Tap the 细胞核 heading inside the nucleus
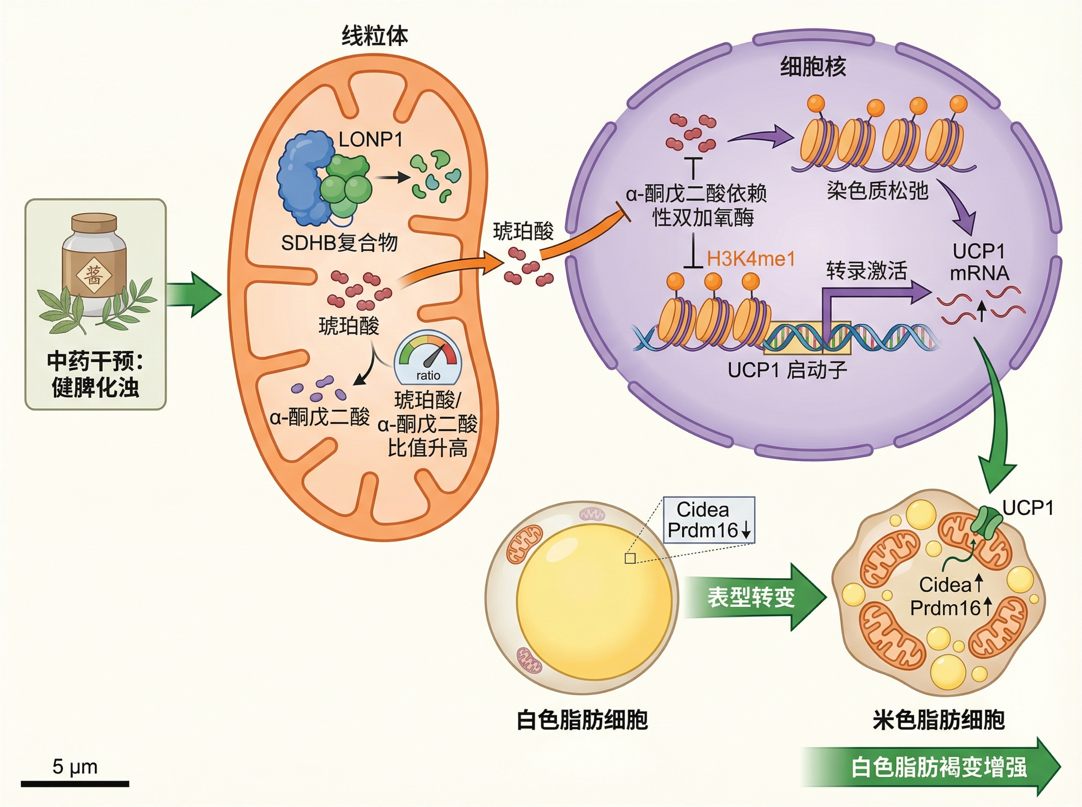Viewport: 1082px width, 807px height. click(812, 67)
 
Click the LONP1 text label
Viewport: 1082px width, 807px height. click(371, 140)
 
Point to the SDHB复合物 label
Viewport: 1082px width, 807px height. click(339, 243)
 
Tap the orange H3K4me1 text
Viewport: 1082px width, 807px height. click(751, 259)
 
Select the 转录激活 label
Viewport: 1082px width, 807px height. click(866, 270)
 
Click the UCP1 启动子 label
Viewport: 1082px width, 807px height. click(787, 370)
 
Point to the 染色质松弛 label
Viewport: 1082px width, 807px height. click(877, 190)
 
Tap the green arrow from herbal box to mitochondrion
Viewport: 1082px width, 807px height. click(193, 295)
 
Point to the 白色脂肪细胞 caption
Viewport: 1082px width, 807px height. click(582, 720)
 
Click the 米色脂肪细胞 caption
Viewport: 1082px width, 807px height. click(938, 720)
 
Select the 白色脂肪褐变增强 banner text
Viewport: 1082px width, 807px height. click(939, 767)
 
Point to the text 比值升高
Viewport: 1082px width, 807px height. click(428, 448)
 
